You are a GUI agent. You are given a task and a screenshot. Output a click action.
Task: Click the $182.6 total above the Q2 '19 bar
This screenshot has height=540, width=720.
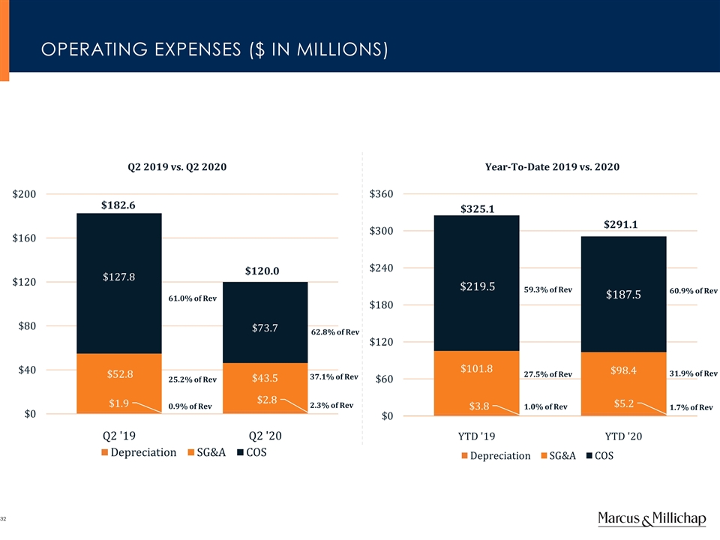pyautogui.click(x=118, y=205)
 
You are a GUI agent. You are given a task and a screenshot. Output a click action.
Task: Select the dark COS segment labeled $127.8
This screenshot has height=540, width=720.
pyautogui.click(x=118, y=277)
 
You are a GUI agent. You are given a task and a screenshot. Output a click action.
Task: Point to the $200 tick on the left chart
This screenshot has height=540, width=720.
pyautogui.click(x=29, y=194)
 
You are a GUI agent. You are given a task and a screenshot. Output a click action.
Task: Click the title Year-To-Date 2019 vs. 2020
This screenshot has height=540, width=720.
pyautogui.click(x=552, y=166)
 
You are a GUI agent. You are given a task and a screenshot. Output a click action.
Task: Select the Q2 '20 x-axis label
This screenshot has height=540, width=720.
pyautogui.click(x=265, y=434)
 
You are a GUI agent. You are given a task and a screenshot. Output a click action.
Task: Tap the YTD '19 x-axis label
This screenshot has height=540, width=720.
pyautogui.click(x=476, y=435)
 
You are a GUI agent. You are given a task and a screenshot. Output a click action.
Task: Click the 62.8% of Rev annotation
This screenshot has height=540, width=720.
pyautogui.click(x=335, y=331)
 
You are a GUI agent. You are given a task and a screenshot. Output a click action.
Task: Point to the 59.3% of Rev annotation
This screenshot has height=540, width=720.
pyautogui.click(x=548, y=290)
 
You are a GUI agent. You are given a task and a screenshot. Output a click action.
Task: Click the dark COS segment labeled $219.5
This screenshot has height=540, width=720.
pyautogui.click(x=477, y=286)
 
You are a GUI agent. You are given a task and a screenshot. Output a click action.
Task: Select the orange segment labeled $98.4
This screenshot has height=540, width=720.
pyautogui.click(x=623, y=370)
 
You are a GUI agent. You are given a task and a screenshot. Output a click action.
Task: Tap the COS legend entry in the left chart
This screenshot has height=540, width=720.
pyautogui.click(x=251, y=452)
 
